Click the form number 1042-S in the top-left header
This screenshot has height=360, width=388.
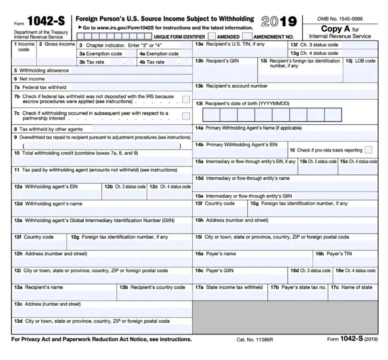tap(46, 21)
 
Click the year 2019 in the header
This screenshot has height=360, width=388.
tap(279, 21)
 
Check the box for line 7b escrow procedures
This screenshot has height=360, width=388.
tap(186, 99)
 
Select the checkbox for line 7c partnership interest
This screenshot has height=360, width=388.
tap(186, 116)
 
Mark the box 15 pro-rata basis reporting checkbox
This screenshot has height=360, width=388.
tap(368, 150)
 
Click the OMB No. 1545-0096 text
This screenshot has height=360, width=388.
tap(340, 19)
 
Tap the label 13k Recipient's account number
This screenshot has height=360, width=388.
tap(231, 86)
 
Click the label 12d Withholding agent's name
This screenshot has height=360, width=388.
tap(48, 204)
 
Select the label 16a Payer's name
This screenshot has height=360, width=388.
tap(215, 254)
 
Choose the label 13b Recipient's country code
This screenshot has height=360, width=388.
tap(152, 287)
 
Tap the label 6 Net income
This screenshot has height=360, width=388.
tap(29, 79)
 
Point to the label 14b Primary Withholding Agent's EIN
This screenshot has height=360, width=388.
tap(236, 145)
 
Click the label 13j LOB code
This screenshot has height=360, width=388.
tap(361, 61)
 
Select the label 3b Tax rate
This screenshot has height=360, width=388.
tap(92, 62)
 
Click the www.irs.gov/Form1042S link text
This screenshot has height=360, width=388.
tap(125, 28)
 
